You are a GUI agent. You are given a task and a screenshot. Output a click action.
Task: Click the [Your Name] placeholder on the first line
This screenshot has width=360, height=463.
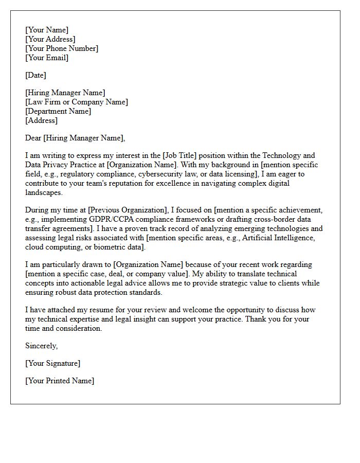pyautogui.click(x=47, y=30)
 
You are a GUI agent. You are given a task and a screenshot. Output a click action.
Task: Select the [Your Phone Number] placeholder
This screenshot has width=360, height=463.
pyautogui.click(x=62, y=48)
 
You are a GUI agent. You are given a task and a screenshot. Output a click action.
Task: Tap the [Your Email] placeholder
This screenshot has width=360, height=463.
pyautogui.click(x=47, y=58)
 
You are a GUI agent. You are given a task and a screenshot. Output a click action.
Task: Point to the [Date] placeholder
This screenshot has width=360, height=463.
pyautogui.click(x=35, y=75)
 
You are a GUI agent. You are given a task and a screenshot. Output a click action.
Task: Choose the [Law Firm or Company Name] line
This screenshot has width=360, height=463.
pyautogui.click(x=77, y=102)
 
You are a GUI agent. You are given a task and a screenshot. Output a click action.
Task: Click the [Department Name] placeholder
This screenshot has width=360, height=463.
pyautogui.click(x=58, y=111)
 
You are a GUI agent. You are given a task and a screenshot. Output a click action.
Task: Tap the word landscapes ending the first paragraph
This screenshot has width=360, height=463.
pyautogui.click(x=44, y=192)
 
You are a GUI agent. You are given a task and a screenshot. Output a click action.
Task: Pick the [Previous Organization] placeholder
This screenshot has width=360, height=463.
pyautogui.click(x=123, y=210)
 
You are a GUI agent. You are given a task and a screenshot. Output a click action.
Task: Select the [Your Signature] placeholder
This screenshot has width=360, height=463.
pyautogui.click(x=52, y=363)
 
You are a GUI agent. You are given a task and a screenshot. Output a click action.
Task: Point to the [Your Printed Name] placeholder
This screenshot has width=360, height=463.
pyautogui.click(x=60, y=381)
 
